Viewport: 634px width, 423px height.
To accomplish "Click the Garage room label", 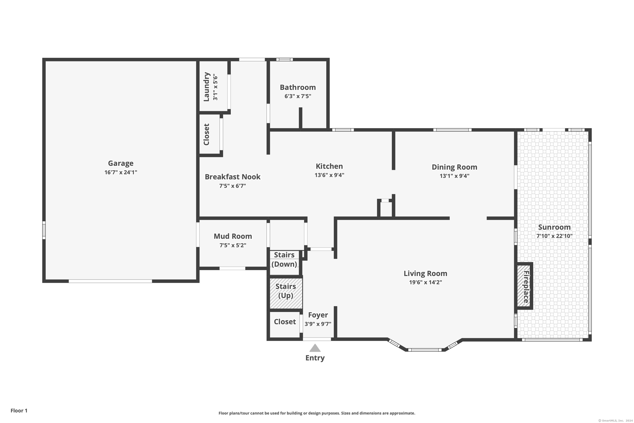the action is pyautogui.click(x=120, y=163).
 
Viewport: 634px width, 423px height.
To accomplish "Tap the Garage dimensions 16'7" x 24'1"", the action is pyautogui.click(x=121, y=172).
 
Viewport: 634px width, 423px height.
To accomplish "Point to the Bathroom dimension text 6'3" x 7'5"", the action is pyautogui.click(x=298, y=96).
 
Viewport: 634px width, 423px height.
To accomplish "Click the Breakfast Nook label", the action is pyautogui.click(x=233, y=177).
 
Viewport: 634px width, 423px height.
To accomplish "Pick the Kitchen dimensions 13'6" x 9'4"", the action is pyautogui.click(x=329, y=175).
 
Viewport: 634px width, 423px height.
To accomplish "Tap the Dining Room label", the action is pyautogui.click(x=455, y=167).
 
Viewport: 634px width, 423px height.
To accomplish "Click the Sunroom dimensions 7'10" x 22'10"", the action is pyautogui.click(x=555, y=236).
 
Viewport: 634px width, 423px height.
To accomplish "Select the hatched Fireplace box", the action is pyautogui.click(x=523, y=286).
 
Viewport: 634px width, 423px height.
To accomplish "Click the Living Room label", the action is pyautogui.click(x=425, y=273).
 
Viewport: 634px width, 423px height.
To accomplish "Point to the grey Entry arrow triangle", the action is pyautogui.click(x=315, y=348).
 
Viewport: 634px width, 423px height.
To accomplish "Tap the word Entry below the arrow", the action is pyautogui.click(x=315, y=358).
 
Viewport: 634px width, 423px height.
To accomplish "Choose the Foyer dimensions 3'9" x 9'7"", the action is pyautogui.click(x=318, y=324).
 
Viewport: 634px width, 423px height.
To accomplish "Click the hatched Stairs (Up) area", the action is pyautogui.click(x=286, y=293).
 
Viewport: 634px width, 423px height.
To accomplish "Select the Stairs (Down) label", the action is pyautogui.click(x=284, y=260).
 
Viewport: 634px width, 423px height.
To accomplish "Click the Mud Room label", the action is pyautogui.click(x=233, y=236).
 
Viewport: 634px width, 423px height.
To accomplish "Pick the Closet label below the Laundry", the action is pyautogui.click(x=206, y=134).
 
